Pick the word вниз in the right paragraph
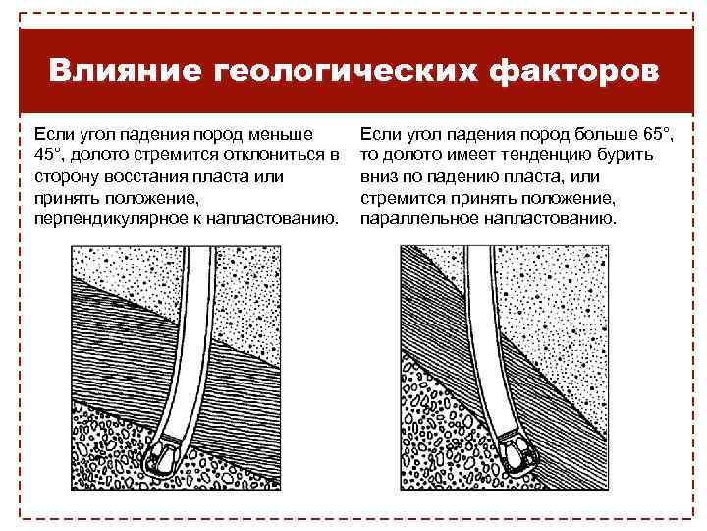point(379,176)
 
